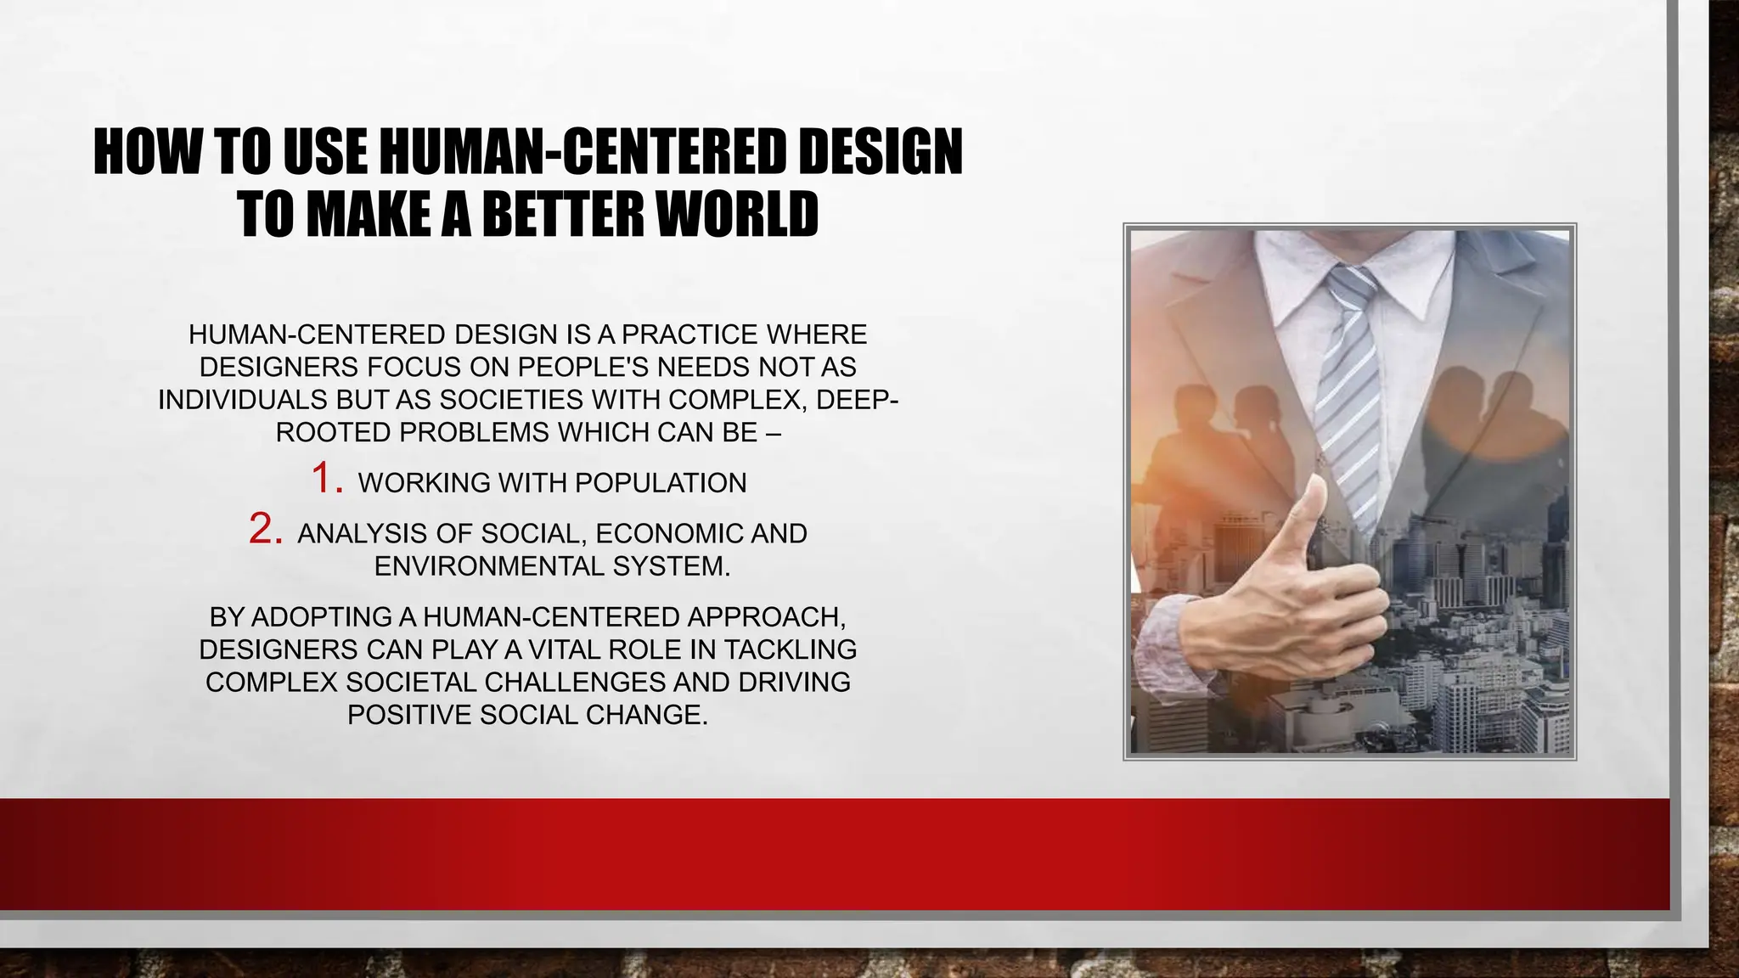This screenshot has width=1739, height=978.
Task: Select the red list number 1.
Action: (326, 478)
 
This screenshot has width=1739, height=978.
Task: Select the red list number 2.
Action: (265, 529)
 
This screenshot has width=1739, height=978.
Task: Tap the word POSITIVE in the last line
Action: (409, 715)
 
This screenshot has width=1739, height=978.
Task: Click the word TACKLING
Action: (790, 649)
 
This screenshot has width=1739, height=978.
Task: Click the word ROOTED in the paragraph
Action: (333, 433)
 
